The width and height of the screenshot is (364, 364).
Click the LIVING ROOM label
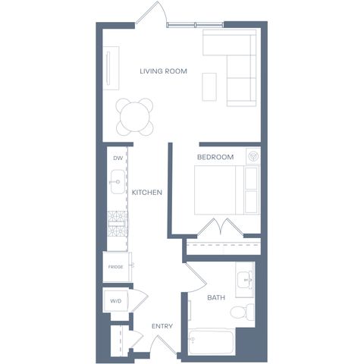pyautogui.click(x=163, y=71)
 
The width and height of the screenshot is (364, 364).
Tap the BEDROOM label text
pyautogui.click(x=215, y=157)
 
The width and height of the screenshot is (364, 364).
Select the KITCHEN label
pyautogui.click(x=147, y=193)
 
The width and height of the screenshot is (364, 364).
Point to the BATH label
pyautogui.click(x=216, y=297)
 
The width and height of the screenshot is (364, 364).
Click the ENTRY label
pyautogui.click(x=162, y=326)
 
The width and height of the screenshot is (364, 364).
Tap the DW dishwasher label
pyautogui.click(x=118, y=158)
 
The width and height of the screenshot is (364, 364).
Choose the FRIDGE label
pyautogui.click(x=115, y=267)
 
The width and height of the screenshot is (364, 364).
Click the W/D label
pyautogui.click(x=116, y=301)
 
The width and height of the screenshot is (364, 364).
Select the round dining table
pyautogui.click(x=135, y=117)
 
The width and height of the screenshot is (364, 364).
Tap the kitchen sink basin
pyautogui.click(x=118, y=182)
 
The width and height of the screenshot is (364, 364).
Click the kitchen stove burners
pyautogui.click(x=118, y=224)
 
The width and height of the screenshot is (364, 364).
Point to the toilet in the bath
pyautogui.click(x=242, y=312)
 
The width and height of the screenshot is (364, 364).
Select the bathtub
pyautogui.click(x=211, y=341)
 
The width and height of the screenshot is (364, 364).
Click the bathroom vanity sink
pyautogui.click(x=245, y=280)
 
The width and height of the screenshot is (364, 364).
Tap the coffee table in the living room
pyautogui.click(x=209, y=87)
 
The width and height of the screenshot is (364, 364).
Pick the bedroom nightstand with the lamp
pyautogui.click(x=253, y=156)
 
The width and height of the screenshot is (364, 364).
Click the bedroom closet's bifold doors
pyautogui.click(x=221, y=227)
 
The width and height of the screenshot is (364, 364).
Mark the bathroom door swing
pyautogui.click(x=196, y=278)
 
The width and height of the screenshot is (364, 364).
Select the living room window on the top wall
pyautogui.click(x=195, y=24)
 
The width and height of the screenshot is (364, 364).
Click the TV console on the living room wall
pyautogui.click(x=111, y=68)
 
